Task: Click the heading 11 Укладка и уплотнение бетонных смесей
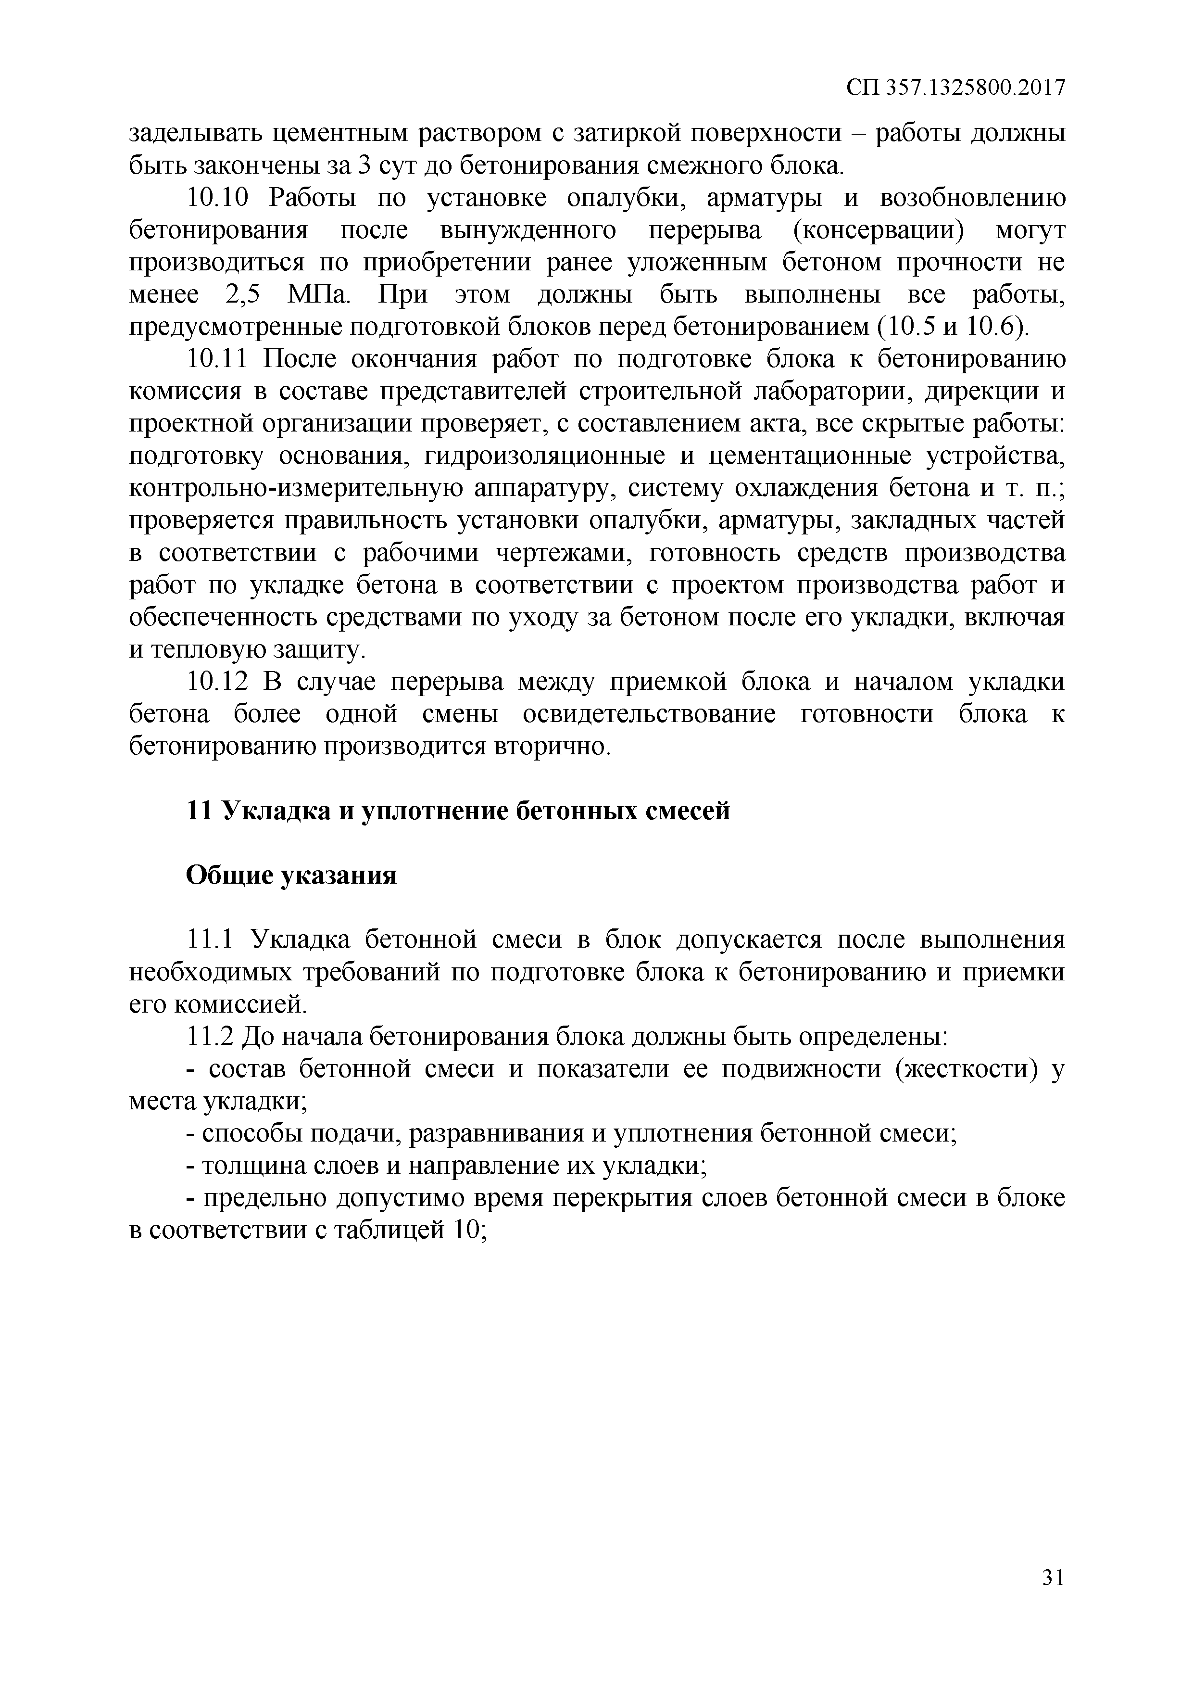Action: (x=458, y=811)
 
